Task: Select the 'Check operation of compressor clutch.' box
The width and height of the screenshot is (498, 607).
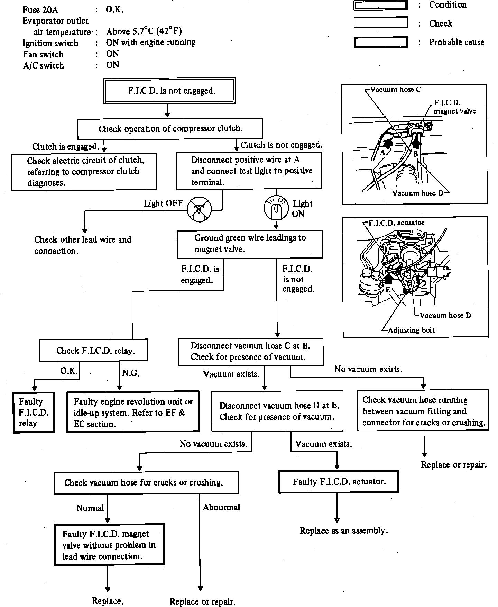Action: pos(170,129)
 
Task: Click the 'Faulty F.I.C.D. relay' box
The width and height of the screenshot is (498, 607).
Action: pos(34,412)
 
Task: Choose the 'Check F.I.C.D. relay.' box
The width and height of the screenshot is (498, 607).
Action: pos(93,351)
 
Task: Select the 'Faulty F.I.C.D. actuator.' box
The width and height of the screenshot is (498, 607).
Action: pos(339,481)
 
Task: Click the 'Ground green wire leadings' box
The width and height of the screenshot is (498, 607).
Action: pos(250,244)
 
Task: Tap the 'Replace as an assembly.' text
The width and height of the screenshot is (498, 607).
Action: pos(343,531)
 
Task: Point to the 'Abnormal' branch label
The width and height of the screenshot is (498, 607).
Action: pos(221,507)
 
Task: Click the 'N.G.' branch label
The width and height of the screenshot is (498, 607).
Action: pos(131,373)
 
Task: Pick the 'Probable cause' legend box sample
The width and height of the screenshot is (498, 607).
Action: pos(381,42)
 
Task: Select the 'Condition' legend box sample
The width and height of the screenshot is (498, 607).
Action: pos(381,5)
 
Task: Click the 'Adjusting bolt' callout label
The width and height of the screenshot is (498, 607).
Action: pos(411,330)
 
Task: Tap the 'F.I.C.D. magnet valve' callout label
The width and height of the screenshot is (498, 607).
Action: pos(454,107)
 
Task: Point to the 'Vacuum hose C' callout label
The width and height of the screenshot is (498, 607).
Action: pos(396,89)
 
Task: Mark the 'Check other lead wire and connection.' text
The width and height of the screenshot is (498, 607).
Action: pos(83,245)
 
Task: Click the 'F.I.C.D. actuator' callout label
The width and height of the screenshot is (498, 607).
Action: pos(396,223)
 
